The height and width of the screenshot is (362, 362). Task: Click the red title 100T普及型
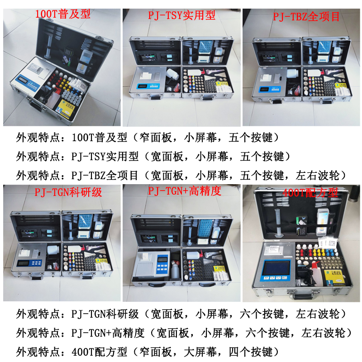62,14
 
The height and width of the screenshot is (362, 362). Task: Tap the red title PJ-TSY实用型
182,15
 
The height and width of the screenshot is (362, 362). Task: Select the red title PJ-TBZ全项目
306,17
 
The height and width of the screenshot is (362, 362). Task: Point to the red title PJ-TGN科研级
68,192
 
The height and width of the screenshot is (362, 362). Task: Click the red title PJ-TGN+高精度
185,191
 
